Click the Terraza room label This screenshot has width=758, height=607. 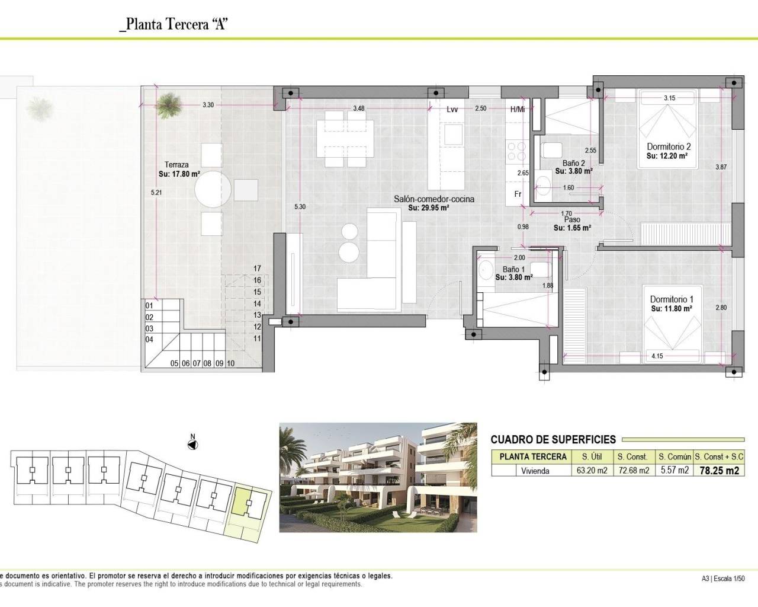point(176,165)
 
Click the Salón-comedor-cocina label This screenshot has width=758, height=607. point(434,199)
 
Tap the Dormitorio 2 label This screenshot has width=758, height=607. point(669,146)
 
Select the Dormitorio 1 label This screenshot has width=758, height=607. point(672,300)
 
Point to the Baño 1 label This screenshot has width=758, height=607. point(513,269)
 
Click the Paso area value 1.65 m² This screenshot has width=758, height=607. point(572,228)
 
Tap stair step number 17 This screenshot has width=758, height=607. point(257,269)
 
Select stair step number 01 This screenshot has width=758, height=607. point(149,306)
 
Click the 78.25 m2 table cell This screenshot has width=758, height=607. point(719,471)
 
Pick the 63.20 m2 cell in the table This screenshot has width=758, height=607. point(593,471)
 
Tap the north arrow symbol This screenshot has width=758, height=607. point(192,445)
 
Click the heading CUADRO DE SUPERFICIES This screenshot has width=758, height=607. point(553,439)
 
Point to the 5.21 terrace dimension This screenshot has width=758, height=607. point(156,193)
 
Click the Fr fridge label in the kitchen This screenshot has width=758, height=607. point(517,194)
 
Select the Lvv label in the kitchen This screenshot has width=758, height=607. point(452,109)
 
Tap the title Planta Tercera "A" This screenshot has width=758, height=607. point(174,25)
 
